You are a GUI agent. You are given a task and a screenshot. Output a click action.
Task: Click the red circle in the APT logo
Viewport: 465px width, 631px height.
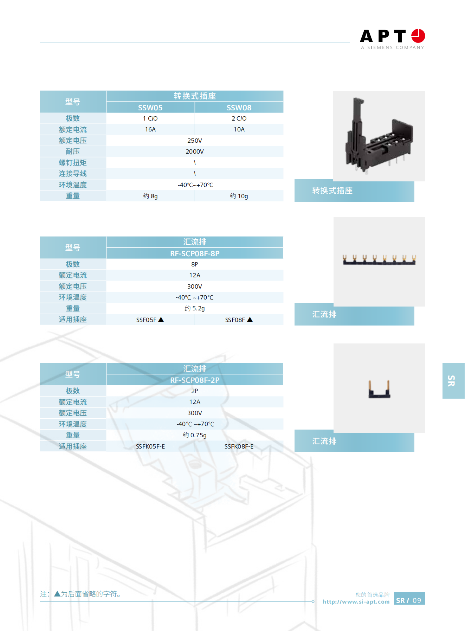418,36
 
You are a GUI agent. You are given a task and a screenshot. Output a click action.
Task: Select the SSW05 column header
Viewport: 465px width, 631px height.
150,108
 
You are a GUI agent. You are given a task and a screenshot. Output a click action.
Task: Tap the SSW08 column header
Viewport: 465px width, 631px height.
239,108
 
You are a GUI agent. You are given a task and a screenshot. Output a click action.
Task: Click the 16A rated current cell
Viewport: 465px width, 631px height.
150,129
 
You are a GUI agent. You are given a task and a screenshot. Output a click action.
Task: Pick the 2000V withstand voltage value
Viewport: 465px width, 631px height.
195,152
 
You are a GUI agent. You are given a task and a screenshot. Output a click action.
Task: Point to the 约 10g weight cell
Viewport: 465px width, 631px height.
239,196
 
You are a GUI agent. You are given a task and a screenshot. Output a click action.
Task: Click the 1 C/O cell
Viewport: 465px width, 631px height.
150,118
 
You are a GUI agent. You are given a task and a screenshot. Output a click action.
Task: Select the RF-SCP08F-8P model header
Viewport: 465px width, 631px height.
195,253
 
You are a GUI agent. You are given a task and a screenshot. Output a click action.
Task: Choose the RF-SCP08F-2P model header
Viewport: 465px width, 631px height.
195,380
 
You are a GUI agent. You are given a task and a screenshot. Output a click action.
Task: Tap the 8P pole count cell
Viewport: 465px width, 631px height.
195,264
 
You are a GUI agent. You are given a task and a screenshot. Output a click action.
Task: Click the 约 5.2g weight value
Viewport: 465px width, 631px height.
195,308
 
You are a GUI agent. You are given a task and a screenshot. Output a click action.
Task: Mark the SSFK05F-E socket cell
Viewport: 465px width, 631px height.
150,446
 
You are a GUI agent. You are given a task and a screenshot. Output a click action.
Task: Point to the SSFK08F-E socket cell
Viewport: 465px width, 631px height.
239,446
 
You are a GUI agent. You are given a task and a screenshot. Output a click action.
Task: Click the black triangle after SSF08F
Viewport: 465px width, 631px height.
250,320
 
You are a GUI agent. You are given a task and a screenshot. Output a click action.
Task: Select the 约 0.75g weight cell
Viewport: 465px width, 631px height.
195,435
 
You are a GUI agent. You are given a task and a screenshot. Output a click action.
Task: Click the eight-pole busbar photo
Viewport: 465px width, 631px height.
380,260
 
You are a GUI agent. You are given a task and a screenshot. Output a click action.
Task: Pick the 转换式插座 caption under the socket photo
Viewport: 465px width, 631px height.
332,191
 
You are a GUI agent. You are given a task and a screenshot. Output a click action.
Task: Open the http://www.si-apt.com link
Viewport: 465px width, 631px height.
356,602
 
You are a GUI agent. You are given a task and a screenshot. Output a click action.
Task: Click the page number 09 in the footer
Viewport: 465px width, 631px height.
417,600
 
